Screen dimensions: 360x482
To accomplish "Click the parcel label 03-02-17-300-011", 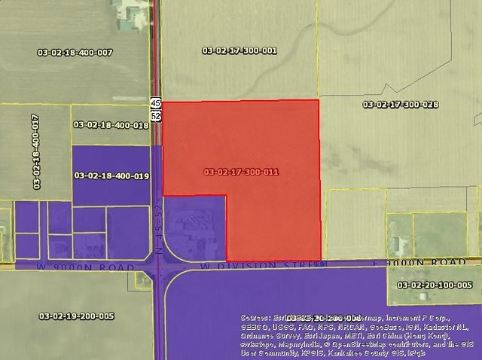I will pos(241,172).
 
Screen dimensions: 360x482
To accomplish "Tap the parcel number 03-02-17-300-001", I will pos(239,50).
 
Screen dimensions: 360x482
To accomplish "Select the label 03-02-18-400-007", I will pos(75,52).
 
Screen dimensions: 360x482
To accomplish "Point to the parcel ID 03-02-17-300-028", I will pos(400,105).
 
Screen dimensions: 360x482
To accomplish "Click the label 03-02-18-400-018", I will pos(111,125).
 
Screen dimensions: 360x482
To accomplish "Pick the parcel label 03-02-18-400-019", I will pos(111,175).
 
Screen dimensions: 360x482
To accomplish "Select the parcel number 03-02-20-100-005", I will pos(435,285).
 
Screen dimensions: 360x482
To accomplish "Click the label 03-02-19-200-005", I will pos(76,316).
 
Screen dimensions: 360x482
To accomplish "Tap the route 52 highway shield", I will pos(155,116).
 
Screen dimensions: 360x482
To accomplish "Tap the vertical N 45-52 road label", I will pos(159,233).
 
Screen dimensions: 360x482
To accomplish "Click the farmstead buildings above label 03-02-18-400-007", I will pos(129,14).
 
